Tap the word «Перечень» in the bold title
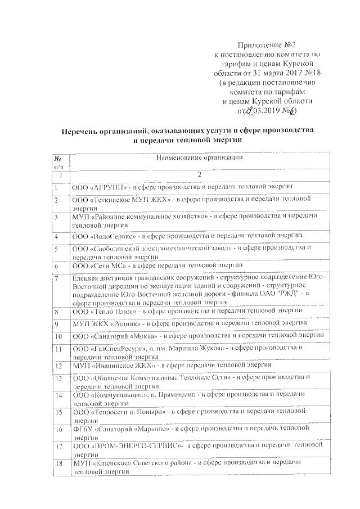click(x=84, y=130)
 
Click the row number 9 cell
click(x=57, y=323)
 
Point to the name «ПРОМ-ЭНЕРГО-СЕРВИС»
click(x=135, y=445)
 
